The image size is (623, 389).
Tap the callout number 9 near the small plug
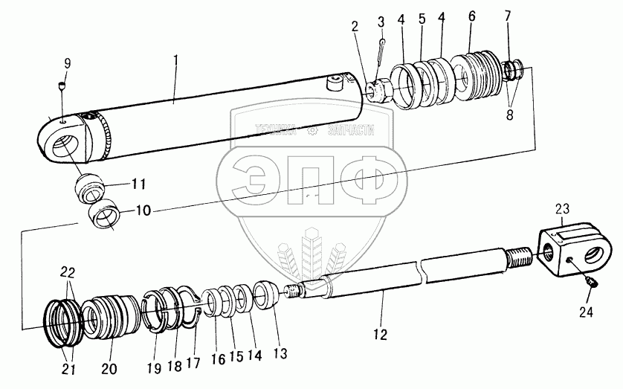(66, 63)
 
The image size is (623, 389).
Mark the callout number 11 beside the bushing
(138, 183)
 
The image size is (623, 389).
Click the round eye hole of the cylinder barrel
(62, 141)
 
